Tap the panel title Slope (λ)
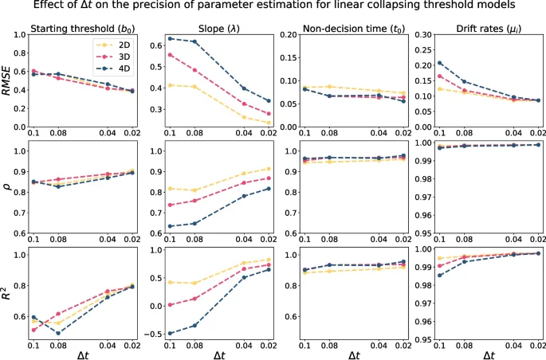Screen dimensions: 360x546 (x=215, y=29)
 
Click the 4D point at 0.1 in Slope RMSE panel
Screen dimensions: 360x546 (x=170, y=38)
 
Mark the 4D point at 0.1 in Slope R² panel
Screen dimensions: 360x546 (x=170, y=333)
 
